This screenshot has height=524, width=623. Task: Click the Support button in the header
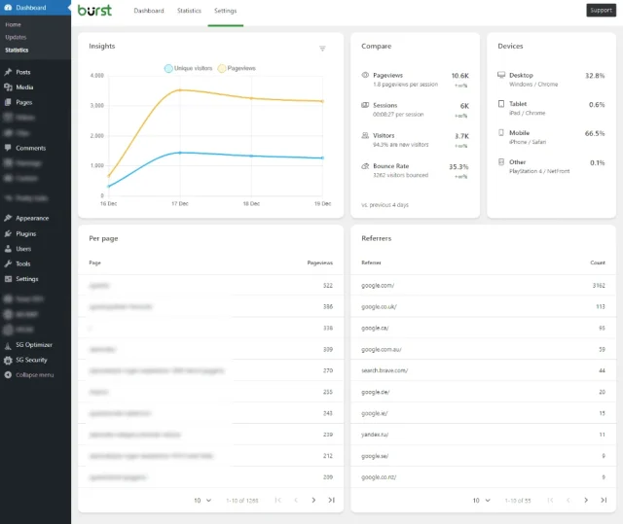[601, 11]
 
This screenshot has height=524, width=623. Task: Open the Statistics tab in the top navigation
[189, 11]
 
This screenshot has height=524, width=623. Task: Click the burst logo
[95, 11]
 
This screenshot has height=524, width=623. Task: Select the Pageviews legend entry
[239, 68]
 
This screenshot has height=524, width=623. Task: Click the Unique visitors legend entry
[189, 68]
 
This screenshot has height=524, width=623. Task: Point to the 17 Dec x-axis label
[180, 204]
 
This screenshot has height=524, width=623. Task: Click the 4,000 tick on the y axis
[96, 75]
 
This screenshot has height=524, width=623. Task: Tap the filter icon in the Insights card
[322, 48]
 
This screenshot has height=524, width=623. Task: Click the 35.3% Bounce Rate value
[458, 166]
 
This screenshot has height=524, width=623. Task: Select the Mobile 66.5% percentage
[594, 133]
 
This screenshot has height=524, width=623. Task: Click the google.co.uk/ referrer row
[379, 306]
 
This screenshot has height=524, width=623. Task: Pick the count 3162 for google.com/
[598, 285]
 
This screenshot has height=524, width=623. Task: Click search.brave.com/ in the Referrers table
[385, 370]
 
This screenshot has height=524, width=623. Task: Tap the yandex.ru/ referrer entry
[376, 435]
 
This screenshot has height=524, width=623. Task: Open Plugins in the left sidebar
[26, 233]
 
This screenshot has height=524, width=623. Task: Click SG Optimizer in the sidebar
[33, 344]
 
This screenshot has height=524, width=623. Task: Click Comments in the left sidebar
[30, 148]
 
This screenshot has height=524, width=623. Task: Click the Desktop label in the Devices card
[521, 75]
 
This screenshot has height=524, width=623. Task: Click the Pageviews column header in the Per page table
[319, 262]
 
